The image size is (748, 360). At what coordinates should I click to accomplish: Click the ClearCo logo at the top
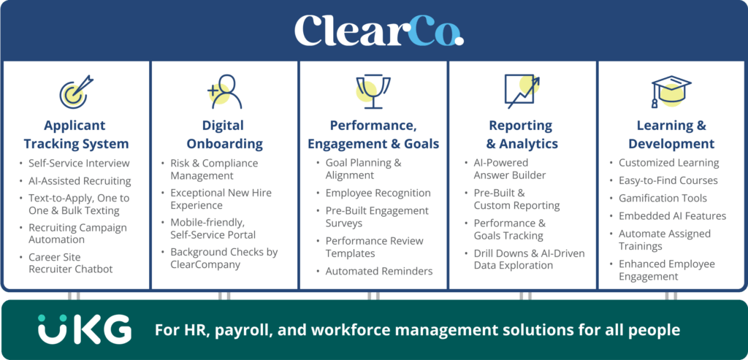point(378,30)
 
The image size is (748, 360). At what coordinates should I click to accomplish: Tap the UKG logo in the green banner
point(85,330)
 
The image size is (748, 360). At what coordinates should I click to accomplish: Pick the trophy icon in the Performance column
point(373,91)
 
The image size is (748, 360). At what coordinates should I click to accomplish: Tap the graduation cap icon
point(671,91)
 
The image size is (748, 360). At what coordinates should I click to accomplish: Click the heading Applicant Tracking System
point(76,134)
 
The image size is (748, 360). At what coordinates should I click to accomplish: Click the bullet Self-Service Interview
point(78,163)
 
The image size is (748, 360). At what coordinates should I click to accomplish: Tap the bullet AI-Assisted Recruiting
point(80,180)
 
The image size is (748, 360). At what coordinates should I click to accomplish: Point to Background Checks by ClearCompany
point(224,258)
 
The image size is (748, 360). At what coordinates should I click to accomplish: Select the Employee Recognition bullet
point(378,193)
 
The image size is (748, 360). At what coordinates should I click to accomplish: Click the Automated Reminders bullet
point(378,271)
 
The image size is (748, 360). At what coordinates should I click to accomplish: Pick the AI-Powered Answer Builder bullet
point(509,169)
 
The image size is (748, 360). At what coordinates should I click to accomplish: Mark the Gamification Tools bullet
point(663,198)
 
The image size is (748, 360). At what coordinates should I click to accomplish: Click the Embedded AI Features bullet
point(672,215)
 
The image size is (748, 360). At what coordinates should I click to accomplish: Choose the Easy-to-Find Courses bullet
point(668,180)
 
